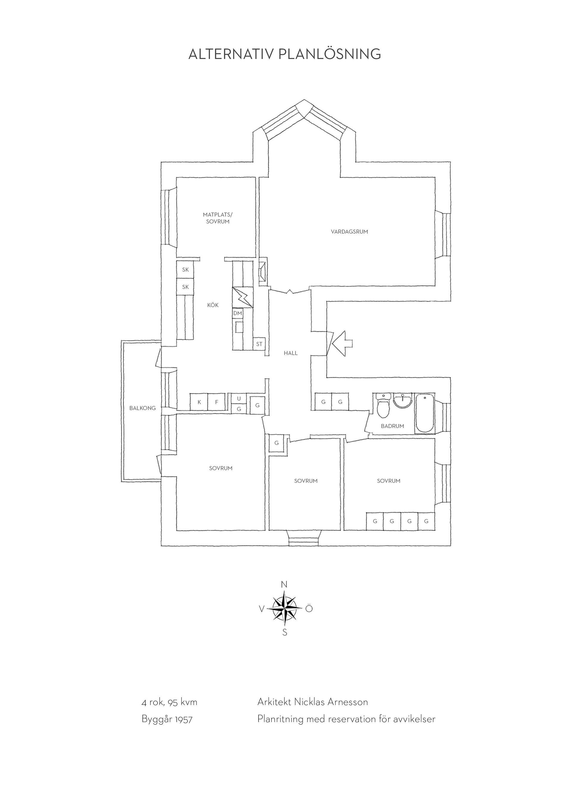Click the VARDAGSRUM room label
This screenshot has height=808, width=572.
pos(349,232)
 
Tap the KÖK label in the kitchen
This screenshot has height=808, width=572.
pos(213,305)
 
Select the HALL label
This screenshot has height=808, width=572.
pos(290,353)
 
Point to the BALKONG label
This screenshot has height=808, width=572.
pos(142,408)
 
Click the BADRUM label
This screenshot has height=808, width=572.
pos(392,426)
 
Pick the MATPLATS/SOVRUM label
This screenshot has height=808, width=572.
pos(218,218)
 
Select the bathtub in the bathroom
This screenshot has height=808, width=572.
pos(425,413)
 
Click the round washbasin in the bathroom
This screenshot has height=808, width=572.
pos(402,401)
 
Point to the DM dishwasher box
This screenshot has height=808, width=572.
pos(238,313)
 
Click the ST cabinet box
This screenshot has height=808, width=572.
pos(259,344)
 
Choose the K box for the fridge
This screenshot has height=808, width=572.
pos(199,402)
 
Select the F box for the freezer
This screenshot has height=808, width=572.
pos(217,402)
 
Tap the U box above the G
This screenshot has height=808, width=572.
pos(239,398)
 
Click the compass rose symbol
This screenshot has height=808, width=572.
pos(285,618)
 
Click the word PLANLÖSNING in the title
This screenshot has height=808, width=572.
pos(330,54)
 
